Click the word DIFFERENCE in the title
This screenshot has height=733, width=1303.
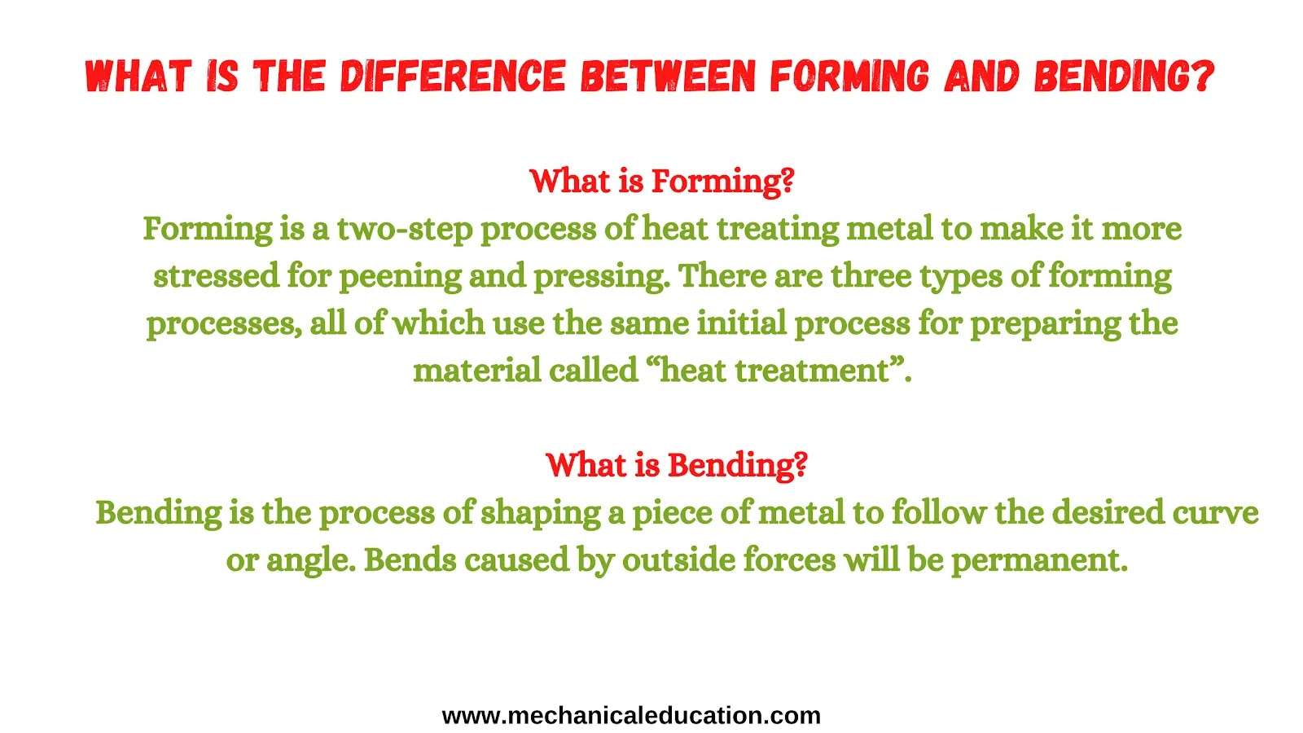453,77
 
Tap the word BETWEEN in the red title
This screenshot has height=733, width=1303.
668,77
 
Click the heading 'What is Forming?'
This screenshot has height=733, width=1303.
662,182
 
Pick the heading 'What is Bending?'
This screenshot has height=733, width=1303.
677,465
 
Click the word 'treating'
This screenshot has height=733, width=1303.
778,229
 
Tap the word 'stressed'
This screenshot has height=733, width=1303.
217,276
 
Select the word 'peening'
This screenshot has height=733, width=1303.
400,277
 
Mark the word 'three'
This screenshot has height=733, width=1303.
871,276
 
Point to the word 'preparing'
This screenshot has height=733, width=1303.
1046,324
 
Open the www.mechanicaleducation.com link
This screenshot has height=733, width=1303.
631,716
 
